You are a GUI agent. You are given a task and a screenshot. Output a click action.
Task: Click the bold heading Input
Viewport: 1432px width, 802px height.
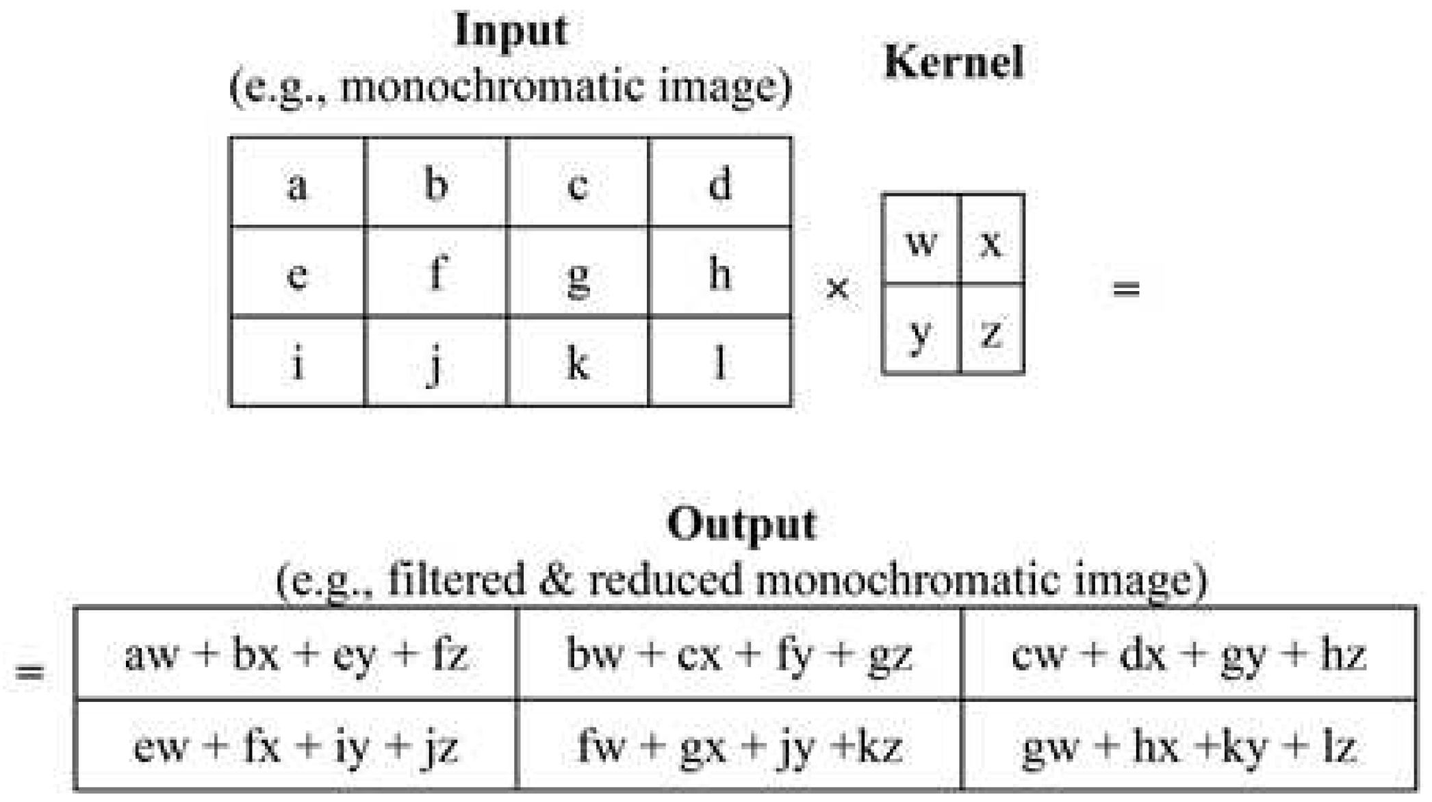click(x=511, y=32)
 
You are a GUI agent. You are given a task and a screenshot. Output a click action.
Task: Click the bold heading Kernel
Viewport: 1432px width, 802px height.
click(x=954, y=62)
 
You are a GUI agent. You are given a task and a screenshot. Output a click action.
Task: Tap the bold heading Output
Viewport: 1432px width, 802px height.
click(x=741, y=525)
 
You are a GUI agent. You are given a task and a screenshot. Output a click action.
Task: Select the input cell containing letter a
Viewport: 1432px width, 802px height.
click(x=297, y=183)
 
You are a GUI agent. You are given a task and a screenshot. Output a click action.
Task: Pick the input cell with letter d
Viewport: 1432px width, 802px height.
click(x=720, y=183)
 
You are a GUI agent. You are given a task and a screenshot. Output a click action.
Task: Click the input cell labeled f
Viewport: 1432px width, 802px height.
click(x=437, y=273)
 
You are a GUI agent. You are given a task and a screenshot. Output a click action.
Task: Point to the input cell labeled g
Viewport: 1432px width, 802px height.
click(x=578, y=273)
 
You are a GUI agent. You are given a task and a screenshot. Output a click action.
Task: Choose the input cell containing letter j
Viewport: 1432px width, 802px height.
click(x=437, y=362)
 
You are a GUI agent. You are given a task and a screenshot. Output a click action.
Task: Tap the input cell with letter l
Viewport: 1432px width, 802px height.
click(x=720, y=362)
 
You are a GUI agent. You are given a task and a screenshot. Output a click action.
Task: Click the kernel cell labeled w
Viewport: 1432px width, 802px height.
click(x=921, y=240)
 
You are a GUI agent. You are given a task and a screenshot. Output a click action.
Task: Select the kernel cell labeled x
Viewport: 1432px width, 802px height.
click(x=992, y=240)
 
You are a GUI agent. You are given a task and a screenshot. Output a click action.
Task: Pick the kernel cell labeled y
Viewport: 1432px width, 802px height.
click(x=921, y=329)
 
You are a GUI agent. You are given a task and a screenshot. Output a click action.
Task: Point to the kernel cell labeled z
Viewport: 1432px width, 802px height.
click(x=992, y=329)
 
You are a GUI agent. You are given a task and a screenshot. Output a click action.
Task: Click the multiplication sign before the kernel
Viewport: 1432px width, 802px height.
click(x=837, y=288)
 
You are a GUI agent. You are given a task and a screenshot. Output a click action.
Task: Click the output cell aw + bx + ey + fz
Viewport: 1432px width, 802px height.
click(x=296, y=655)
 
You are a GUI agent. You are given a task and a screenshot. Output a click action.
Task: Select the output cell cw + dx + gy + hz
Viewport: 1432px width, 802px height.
click(x=1189, y=655)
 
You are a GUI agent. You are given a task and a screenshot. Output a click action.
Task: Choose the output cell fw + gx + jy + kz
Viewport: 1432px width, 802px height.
click(x=739, y=746)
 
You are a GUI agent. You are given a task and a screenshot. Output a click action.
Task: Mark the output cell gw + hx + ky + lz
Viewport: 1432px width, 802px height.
click(x=1189, y=746)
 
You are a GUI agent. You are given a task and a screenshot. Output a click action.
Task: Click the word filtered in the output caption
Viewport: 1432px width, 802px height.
click(x=457, y=579)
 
